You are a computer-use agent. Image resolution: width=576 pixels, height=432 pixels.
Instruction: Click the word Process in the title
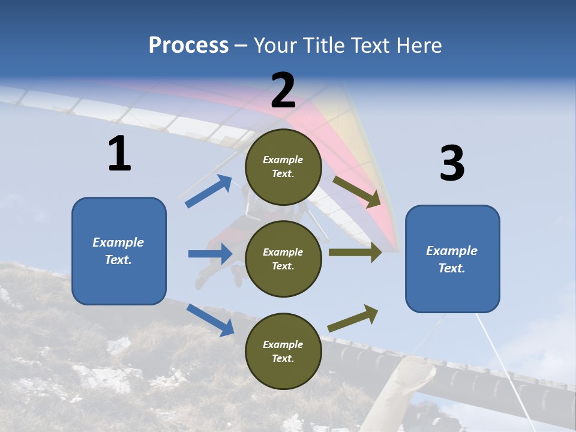pos(188,46)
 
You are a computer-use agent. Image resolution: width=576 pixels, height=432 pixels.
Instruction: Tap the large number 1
pos(119,154)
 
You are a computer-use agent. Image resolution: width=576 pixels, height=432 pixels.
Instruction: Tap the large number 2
pos(283,90)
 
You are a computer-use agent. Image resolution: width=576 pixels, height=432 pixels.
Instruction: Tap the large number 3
pos(452,164)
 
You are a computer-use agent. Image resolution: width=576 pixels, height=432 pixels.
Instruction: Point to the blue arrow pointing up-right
pos(209,191)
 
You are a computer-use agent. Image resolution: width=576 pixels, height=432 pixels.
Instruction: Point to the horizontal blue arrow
pos(210,254)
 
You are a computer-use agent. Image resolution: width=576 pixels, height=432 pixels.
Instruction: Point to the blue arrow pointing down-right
pos(210,319)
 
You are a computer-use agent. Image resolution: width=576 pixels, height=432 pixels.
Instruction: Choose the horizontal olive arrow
pos(355,252)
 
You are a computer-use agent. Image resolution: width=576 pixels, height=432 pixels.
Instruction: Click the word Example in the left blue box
pos(118,242)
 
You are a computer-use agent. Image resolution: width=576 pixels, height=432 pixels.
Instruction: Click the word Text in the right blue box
pos(451,268)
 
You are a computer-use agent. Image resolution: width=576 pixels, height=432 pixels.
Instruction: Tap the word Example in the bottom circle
pos(283,344)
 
